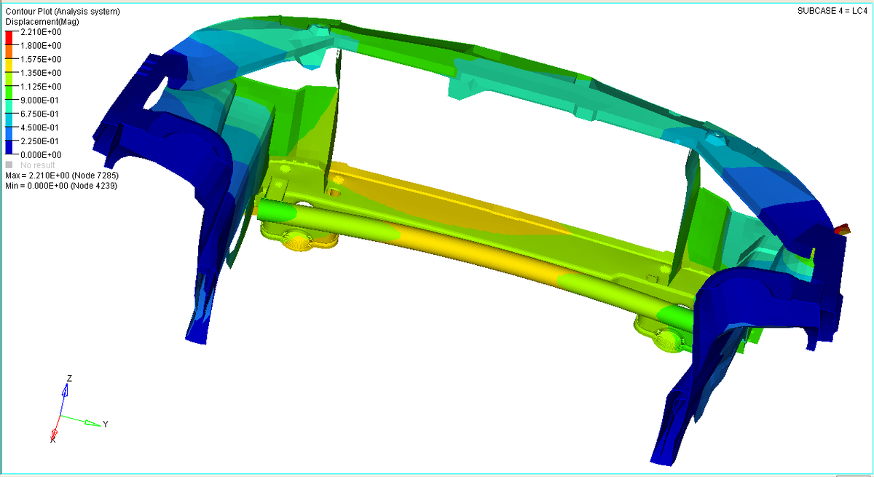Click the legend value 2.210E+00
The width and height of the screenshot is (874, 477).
coord(41,32)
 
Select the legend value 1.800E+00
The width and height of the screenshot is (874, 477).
coord(41,46)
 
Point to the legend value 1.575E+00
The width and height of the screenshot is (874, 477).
coord(41,59)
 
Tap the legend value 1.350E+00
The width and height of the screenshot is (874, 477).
coord(41,73)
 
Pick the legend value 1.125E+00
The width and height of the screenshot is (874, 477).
coord(41,87)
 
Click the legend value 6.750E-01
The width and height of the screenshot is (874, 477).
coord(39,114)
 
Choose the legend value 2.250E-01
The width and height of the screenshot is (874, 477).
coord(39,141)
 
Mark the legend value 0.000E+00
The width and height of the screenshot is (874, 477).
coord(41,155)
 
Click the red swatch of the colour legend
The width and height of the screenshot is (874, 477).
coord(9,37)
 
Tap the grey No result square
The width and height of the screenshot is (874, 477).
coord(9,165)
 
